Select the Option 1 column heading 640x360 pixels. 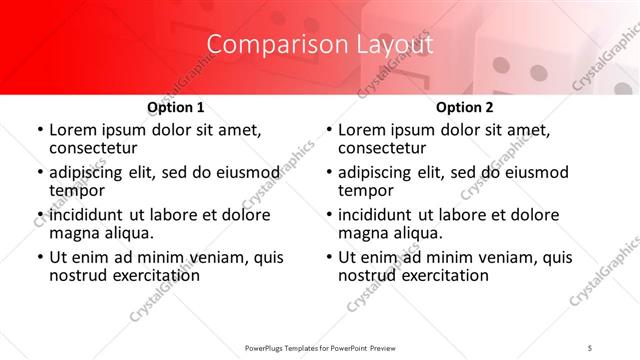click(176, 107)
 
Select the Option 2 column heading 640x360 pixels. click(465, 107)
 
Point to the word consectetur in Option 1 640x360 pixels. click(95, 149)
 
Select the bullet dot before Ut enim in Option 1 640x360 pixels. click(39, 258)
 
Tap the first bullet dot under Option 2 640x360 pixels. click(328, 131)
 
